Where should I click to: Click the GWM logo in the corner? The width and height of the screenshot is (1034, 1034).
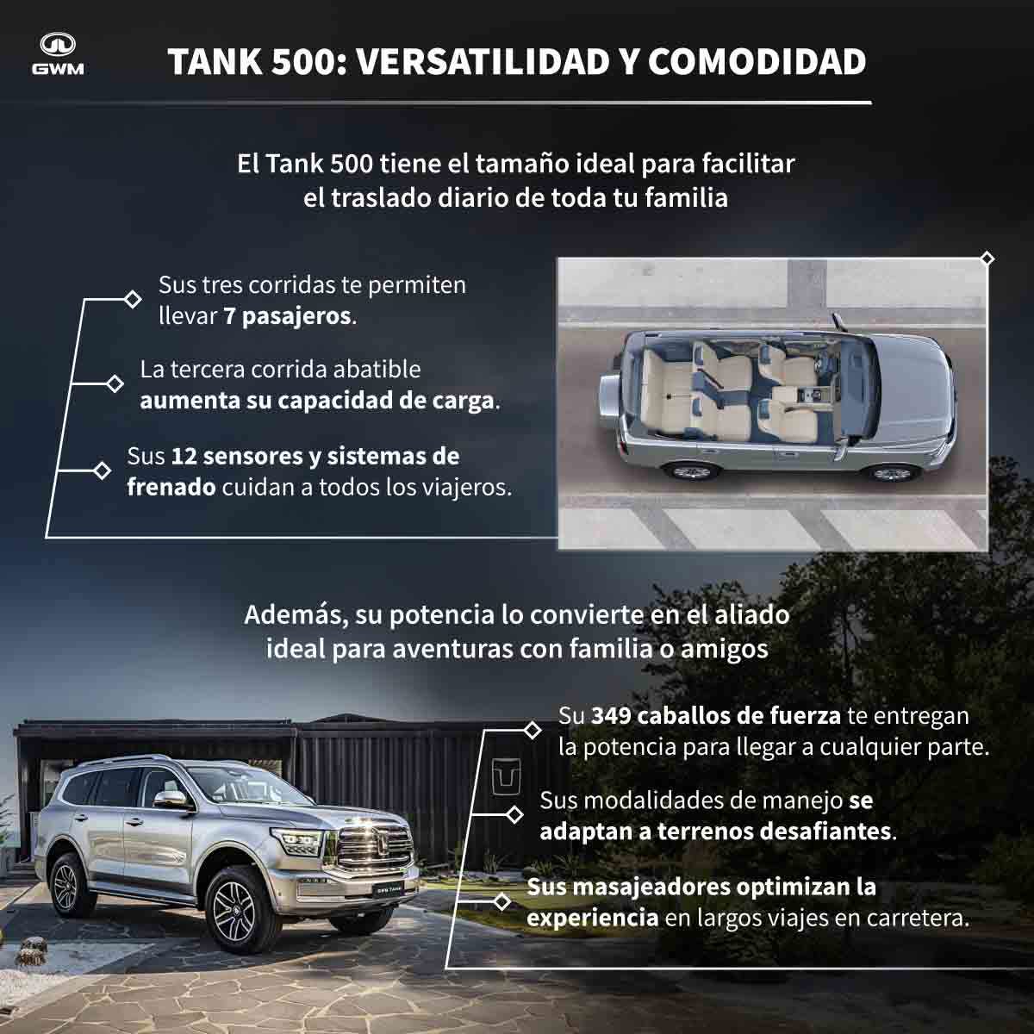[58, 54]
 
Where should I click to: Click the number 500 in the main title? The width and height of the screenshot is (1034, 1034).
[303, 62]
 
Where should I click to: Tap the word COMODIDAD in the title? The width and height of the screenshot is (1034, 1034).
[757, 62]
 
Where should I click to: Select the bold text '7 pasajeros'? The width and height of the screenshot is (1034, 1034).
[287, 316]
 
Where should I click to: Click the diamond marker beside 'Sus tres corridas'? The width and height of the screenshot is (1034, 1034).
[132, 299]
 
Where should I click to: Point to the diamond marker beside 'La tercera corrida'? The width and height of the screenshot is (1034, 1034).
[115, 383]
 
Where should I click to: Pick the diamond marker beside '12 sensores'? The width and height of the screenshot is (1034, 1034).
[102, 470]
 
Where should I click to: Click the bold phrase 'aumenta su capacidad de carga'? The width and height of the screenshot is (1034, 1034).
[316, 401]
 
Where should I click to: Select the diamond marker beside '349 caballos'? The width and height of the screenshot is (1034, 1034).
[532, 730]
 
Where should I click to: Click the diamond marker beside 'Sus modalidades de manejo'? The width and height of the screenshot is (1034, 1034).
[514, 814]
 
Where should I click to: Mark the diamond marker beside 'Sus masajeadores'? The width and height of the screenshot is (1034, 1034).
[501, 901]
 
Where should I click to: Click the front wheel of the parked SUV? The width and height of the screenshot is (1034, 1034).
[234, 911]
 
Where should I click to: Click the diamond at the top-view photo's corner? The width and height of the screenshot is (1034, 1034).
[987, 259]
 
